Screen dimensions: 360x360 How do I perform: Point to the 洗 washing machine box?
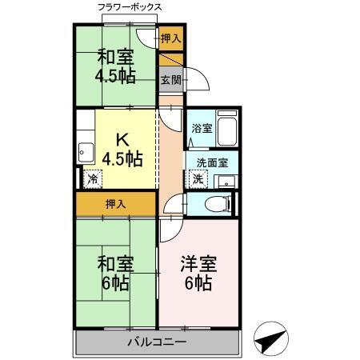pos(197,178)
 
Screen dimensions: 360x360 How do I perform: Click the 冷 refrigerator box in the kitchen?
pos(94,179)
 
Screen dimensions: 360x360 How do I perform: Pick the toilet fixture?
pos(214,203)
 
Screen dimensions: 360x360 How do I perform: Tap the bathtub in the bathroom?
pos(227,127)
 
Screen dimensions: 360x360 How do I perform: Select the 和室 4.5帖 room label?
pos(117,66)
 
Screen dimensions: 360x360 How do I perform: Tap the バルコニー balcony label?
pos(158,343)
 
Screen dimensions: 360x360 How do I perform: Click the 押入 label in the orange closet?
pos(116,204)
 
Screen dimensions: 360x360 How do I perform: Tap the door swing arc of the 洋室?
pos(170,228)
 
